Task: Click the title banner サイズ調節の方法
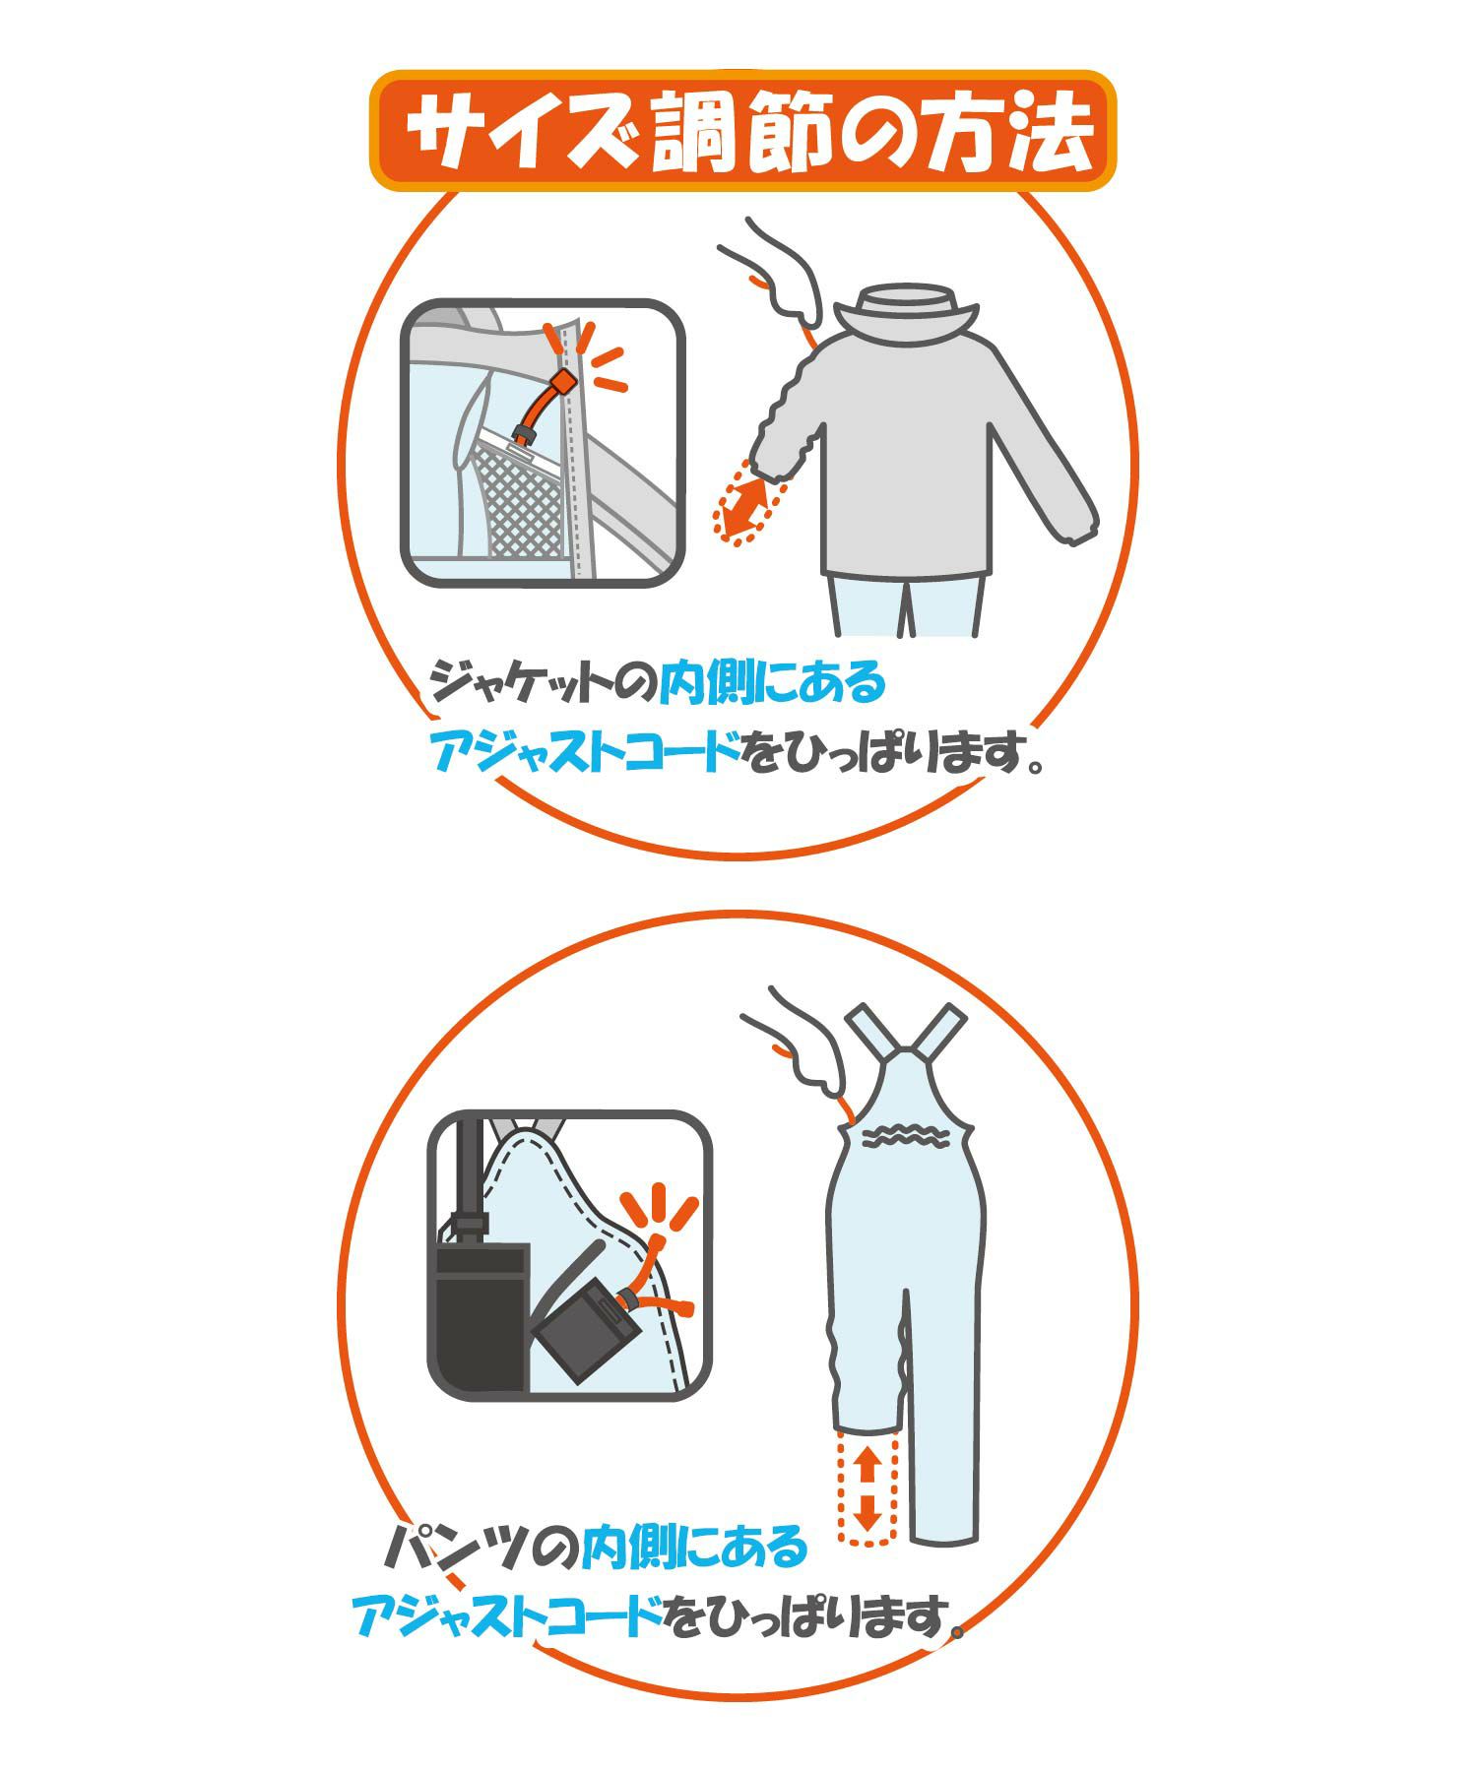[743, 131]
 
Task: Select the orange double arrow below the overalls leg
[867, 1492]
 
